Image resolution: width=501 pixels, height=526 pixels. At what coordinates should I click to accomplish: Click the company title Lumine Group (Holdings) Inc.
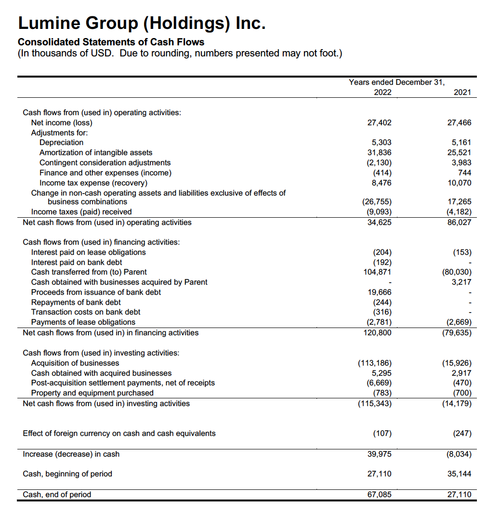pos(141,23)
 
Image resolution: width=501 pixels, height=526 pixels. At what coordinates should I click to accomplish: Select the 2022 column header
pos(382,92)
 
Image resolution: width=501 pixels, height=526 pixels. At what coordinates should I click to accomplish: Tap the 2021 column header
pos(462,92)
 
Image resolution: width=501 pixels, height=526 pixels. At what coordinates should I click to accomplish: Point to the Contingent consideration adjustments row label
pos(105,163)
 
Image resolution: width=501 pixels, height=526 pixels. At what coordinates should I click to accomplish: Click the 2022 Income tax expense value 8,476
pos(382,183)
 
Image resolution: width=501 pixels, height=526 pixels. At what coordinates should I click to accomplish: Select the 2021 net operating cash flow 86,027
pos(460,223)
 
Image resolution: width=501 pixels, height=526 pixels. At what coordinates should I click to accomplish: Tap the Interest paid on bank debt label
pos(77,263)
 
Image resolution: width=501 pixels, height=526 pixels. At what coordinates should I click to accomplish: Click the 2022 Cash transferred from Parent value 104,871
pos(377,272)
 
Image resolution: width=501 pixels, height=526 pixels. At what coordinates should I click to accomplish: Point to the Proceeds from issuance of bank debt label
pos(96,292)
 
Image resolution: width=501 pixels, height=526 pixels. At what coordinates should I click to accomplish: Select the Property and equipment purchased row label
pos(92,393)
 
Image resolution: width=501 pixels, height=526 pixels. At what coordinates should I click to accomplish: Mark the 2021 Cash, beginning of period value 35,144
pos(459,474)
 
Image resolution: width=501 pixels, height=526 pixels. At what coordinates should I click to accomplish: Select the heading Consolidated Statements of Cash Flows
pos(111,42)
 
